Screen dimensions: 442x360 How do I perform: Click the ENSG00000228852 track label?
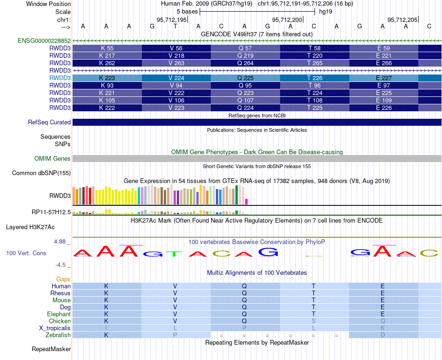[x=44, y=41]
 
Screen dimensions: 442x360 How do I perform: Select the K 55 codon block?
[x=107, y=48]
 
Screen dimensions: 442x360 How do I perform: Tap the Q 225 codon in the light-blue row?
[x=245, y=78]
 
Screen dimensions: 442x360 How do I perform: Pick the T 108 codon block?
[x=315, y=101]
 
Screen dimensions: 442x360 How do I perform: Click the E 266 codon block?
[x=384, y=63]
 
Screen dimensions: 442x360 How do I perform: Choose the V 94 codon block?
[x=176, y=86]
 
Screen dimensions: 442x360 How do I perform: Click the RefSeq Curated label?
[x=49, y=122]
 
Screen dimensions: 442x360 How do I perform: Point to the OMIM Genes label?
[x=53, y=158]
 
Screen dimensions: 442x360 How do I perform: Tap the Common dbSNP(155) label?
[x=41, y=173]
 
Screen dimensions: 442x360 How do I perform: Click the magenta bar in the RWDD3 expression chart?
[x=247, y=202]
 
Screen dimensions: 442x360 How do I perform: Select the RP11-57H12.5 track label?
[x=51, y=212]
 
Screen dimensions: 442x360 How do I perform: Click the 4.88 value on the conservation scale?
[x=60, y=242]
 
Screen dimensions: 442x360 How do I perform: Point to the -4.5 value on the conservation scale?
[x=60, y=265]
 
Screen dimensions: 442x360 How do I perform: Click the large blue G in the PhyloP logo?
[x=268, y=251]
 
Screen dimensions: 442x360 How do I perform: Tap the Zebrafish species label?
[x=58, y=335]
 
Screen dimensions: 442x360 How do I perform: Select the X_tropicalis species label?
[x=55, y=328]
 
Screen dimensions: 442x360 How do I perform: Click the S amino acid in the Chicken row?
[x=314, y=321]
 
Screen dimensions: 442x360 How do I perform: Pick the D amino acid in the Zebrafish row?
[x=382, y=335]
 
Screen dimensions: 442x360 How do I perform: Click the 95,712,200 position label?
[x=287, y=20]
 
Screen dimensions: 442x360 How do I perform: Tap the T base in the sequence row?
[x=175, y=26]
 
